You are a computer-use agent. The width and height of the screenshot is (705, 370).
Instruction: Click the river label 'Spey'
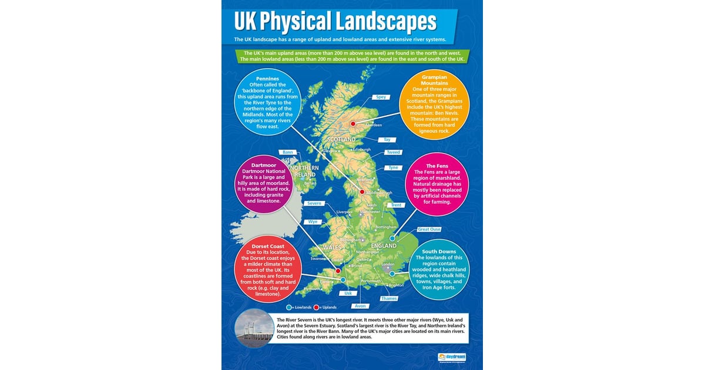click(381, 97)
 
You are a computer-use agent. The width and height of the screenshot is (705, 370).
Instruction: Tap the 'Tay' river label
click(387, 140)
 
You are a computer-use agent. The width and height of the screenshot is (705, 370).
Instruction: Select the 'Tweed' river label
click(393, 153)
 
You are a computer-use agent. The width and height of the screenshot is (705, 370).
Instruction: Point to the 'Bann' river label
click(287, 152)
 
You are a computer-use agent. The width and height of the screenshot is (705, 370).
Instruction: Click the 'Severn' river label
click(314, 203)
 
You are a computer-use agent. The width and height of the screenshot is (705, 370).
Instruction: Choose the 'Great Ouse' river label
click(429, 230)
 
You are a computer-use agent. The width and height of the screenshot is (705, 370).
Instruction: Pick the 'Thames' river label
click(388, 298)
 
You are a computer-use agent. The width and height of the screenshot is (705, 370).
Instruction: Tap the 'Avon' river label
click(360, 306)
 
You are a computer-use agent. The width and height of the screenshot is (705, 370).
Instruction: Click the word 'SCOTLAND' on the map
click(341, 140)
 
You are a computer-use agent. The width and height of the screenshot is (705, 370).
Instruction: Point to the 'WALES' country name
click(331, 247)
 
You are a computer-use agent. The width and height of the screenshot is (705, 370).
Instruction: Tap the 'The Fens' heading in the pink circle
click(437, 166)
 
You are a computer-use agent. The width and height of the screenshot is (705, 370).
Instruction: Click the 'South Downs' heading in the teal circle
click(438, 251)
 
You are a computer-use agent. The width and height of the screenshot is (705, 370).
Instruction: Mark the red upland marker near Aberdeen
click(353, 124)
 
